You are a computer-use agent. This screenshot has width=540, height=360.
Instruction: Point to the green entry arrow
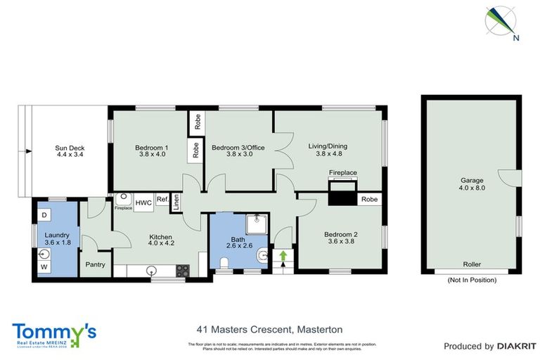pos(284,257)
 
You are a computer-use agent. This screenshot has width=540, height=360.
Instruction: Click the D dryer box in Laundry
pos(44,214)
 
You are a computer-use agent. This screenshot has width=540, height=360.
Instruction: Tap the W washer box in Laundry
pos(44,267)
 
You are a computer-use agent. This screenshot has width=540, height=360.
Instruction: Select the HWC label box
pos(143,202)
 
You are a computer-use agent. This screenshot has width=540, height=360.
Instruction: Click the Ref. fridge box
pos(162,199)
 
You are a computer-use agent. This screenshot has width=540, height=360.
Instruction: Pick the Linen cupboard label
pos(176,202)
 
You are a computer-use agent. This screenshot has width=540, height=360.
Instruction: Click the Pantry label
pos(95,265)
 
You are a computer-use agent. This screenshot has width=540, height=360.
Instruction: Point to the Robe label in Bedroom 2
pos(369,200)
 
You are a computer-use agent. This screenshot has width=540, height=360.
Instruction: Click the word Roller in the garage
pos(471,265)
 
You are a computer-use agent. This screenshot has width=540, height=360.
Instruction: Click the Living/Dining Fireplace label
pos(343,172)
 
